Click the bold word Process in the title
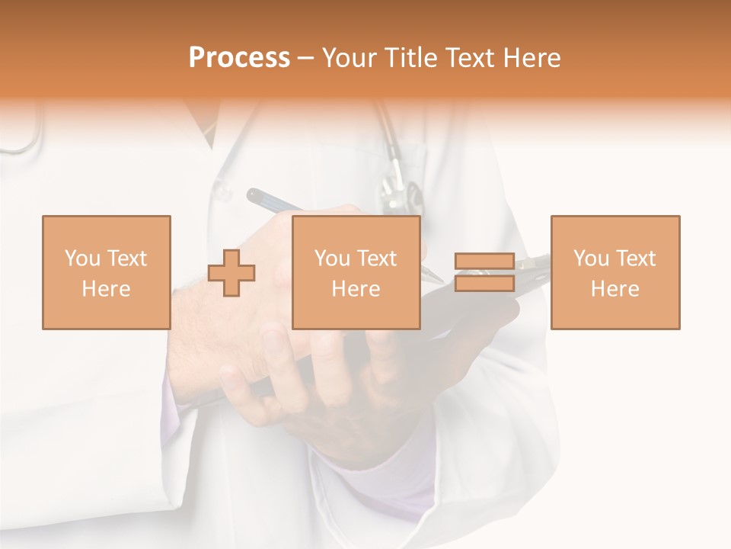tap(239, 58)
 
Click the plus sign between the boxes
tap(231, 272)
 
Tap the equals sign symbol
tap(484, 272)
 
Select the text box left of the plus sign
tap(106, 272)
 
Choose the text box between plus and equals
tap(356, 272)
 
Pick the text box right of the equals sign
tap(614, 272)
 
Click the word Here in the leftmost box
tap(106, 289)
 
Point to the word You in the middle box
tap(333, 258)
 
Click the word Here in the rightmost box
tap(614, 289)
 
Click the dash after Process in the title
tap(306, 58)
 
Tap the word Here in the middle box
tap(356, 289)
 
